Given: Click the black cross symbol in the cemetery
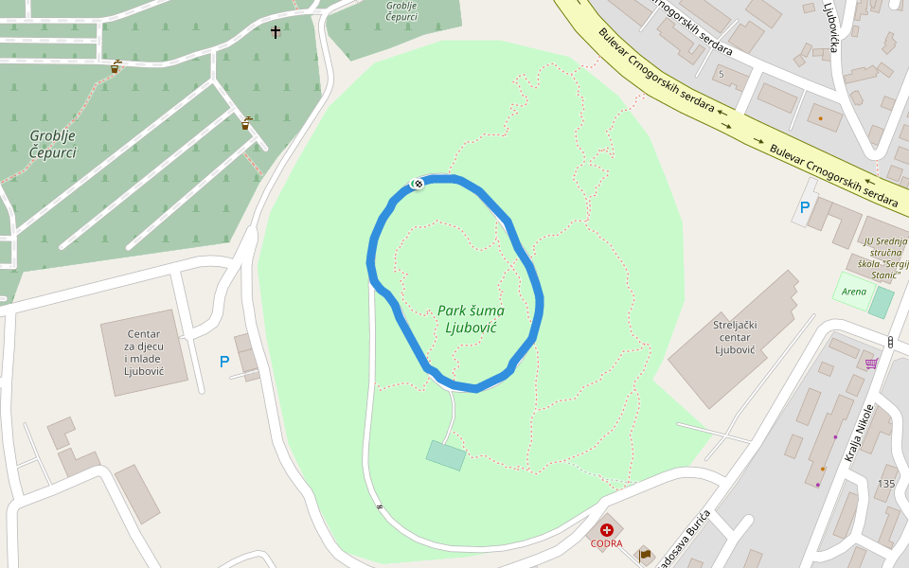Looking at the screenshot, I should point(276,32).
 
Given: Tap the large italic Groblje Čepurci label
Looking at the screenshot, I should point(52,143).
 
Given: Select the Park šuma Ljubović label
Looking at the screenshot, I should point(471,319).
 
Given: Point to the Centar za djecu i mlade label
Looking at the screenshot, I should point(144,352).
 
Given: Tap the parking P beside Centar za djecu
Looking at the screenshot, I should point(224,362).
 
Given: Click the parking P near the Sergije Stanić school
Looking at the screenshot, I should point(805,207).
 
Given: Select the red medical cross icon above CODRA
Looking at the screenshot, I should point(606,530).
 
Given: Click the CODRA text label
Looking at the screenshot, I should point(606,543).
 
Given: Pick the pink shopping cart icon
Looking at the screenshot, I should point(870,363).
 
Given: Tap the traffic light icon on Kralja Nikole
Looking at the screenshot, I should point(890,342).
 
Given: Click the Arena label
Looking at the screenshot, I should point(854,292).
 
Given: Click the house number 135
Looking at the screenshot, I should point(885,484).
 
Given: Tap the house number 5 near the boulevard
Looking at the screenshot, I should point(721,74).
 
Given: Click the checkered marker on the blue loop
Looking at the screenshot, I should point(417,184).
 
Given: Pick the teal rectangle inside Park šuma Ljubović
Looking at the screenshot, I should point(446,455).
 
